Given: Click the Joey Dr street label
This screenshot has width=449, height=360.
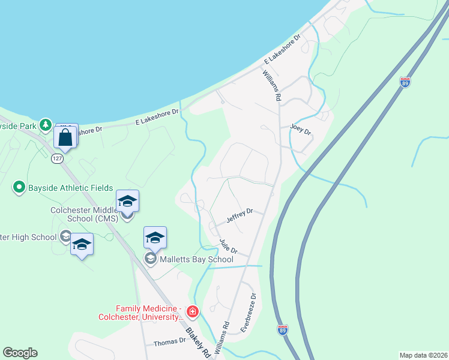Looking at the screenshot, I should pyautogui.click(x=301, y=129).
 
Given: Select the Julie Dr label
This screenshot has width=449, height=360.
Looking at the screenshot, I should pyautogui.click(x=229, y=247).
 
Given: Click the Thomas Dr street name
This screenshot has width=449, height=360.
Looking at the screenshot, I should pyautogui.click(x=169, y=342).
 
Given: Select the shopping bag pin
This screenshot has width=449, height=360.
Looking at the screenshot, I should pyautogui.click(x=65, y=137).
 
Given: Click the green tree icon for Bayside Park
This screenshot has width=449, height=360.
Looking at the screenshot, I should pyautogui.click(x=45, y=125).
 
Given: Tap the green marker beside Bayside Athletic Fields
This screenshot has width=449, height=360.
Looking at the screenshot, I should pyautogui.click(x=19, y=188).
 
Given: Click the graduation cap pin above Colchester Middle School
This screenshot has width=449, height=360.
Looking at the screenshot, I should pyautogui.click(x=127, y=201).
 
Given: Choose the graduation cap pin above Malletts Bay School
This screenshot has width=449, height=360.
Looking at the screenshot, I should pyautogui.click(x=155, y=238).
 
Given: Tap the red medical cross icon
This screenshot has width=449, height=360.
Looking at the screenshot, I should pyautogui.click(x=192, y=311).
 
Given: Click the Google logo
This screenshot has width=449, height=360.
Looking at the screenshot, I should pyautogui.click(x=20, y=353).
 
